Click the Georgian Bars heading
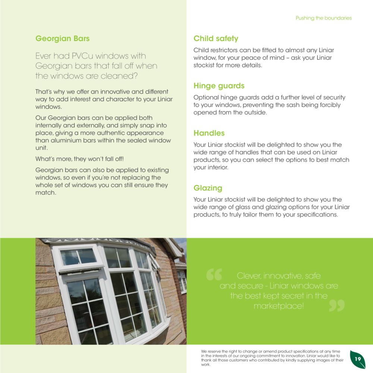(62, 38)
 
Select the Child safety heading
(216, 38)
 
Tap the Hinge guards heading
(219, 86)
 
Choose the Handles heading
(209, 133)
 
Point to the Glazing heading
(208, 188)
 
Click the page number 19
(358, 359)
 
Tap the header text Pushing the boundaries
(323, 18)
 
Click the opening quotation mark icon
(214, 275)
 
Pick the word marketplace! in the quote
(279, 306)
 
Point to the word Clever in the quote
(249, 276)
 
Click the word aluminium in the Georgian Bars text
(51, 141)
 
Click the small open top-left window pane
(78, 257)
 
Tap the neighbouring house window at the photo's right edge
(182, 282)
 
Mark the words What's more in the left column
(53, 159)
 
